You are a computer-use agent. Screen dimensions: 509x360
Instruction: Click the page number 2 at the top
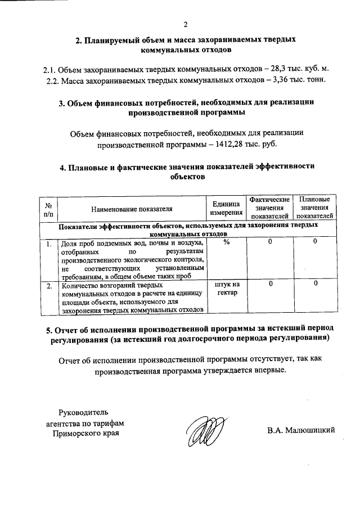coord(186,25)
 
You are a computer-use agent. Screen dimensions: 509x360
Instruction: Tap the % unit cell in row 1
coord(226,242)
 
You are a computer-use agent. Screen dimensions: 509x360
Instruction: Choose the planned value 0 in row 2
coord(316,285)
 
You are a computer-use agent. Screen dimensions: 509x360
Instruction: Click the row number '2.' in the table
coord(49,285)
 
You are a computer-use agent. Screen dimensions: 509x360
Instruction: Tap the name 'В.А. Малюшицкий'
coord(301,431)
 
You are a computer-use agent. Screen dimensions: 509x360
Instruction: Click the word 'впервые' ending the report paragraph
coord(267,371)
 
